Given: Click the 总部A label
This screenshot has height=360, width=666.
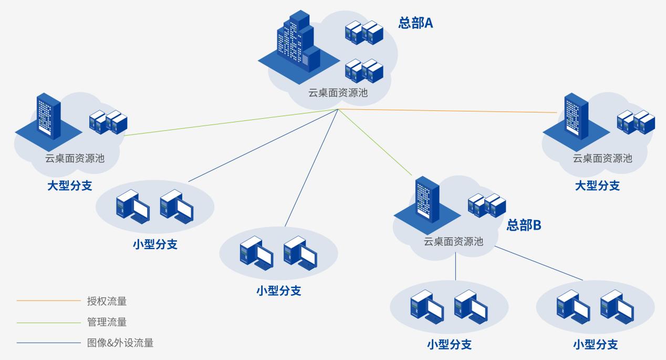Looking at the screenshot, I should coord(415,24).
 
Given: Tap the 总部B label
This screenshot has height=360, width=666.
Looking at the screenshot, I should coord(524,225).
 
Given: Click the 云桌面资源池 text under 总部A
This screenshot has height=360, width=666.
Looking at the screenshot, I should coord(338,93).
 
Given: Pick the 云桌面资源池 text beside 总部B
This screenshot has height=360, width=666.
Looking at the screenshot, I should coord(453,242).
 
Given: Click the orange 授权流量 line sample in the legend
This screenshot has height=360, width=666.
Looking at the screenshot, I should coord(48,302).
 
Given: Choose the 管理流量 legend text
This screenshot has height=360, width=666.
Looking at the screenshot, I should coord(107,322).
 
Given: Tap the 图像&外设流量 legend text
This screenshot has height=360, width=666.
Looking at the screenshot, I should coord(120,343).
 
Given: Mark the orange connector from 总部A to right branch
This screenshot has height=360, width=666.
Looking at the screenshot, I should coord(446,111).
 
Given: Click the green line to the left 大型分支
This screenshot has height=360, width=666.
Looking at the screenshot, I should coord(231,122).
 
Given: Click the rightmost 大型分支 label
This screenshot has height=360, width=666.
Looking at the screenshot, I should coord(597,186).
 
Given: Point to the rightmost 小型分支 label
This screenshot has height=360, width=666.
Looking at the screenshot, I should coord(595,345).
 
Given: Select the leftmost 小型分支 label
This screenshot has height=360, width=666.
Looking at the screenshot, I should coord(155,244).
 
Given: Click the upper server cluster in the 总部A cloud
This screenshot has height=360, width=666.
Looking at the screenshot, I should coord(363,33).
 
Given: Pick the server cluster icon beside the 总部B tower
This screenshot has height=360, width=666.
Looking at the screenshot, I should coord(486,205).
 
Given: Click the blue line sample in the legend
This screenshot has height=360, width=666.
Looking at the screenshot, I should coord(48,343).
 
